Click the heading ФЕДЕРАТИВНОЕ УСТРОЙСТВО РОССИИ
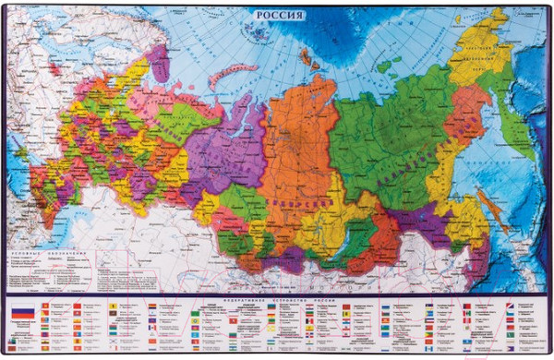tap(277, 300)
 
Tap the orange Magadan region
tap(471, 102)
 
